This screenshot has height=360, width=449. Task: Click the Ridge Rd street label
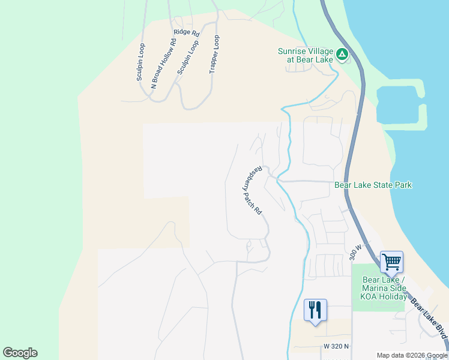[x=186, y=32]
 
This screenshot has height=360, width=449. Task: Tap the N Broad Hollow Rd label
[x=163, y=64]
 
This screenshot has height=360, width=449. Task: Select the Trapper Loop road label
[x=214, y=54]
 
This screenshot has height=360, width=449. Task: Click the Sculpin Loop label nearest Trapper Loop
[x=187, y=58]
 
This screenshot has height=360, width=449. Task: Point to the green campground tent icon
[x=342, y=55]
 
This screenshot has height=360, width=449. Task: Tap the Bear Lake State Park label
[x=373, y=185]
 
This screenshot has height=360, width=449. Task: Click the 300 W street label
[x=355, y=252]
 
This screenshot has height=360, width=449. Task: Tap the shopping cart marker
[x=391, y=261]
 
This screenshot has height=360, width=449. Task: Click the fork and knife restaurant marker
[x=315, y=310]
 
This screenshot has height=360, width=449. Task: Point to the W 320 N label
[x=336, y=347]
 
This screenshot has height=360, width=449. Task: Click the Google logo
[x=20, y=352]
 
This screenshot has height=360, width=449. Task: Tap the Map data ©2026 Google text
[x=412, y=355]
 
